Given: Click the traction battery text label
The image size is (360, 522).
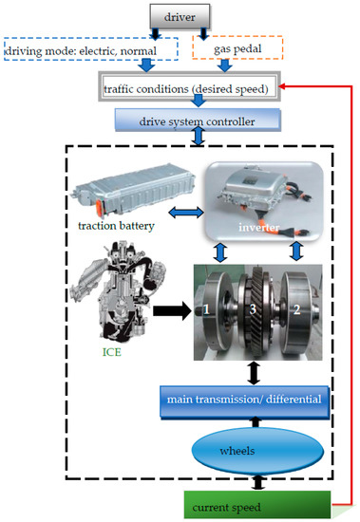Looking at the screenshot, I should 123,226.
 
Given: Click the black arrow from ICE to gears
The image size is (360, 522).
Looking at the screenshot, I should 173,308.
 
